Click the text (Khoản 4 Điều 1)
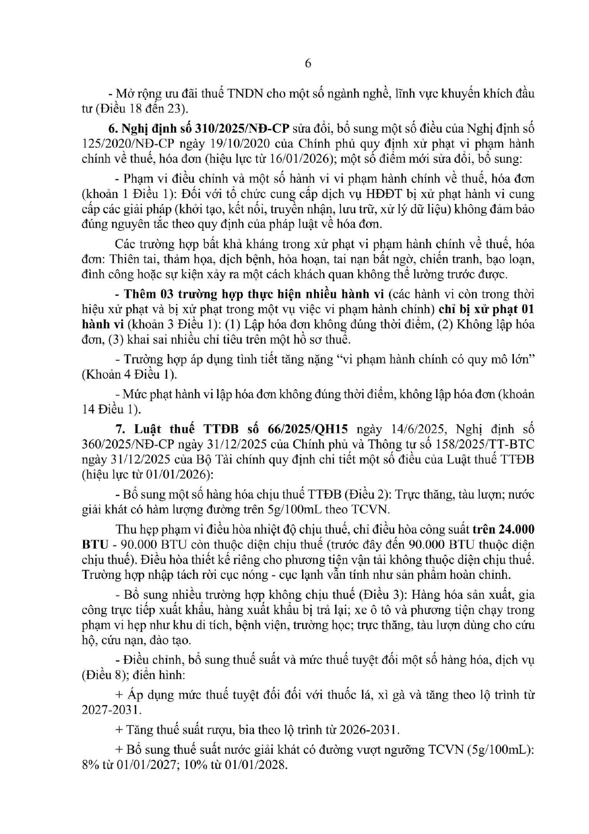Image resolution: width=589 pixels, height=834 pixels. (x=129, y=374)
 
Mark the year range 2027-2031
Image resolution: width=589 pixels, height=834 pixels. (x=111, y=709)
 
